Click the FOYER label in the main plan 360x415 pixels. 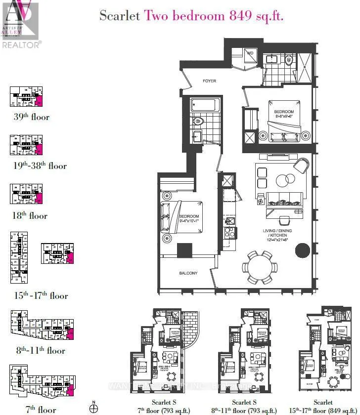coord(209,81)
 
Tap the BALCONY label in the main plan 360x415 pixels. coord(188,273)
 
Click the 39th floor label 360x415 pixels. coord(32,117)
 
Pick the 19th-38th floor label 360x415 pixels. coord(40,166)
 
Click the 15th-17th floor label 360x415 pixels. coord(41,296)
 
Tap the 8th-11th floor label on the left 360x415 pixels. coord(40,351)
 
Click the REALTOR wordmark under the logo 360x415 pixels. coord(21,44)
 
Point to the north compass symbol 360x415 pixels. coord(93,408)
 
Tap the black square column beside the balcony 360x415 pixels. coord(185,250)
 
